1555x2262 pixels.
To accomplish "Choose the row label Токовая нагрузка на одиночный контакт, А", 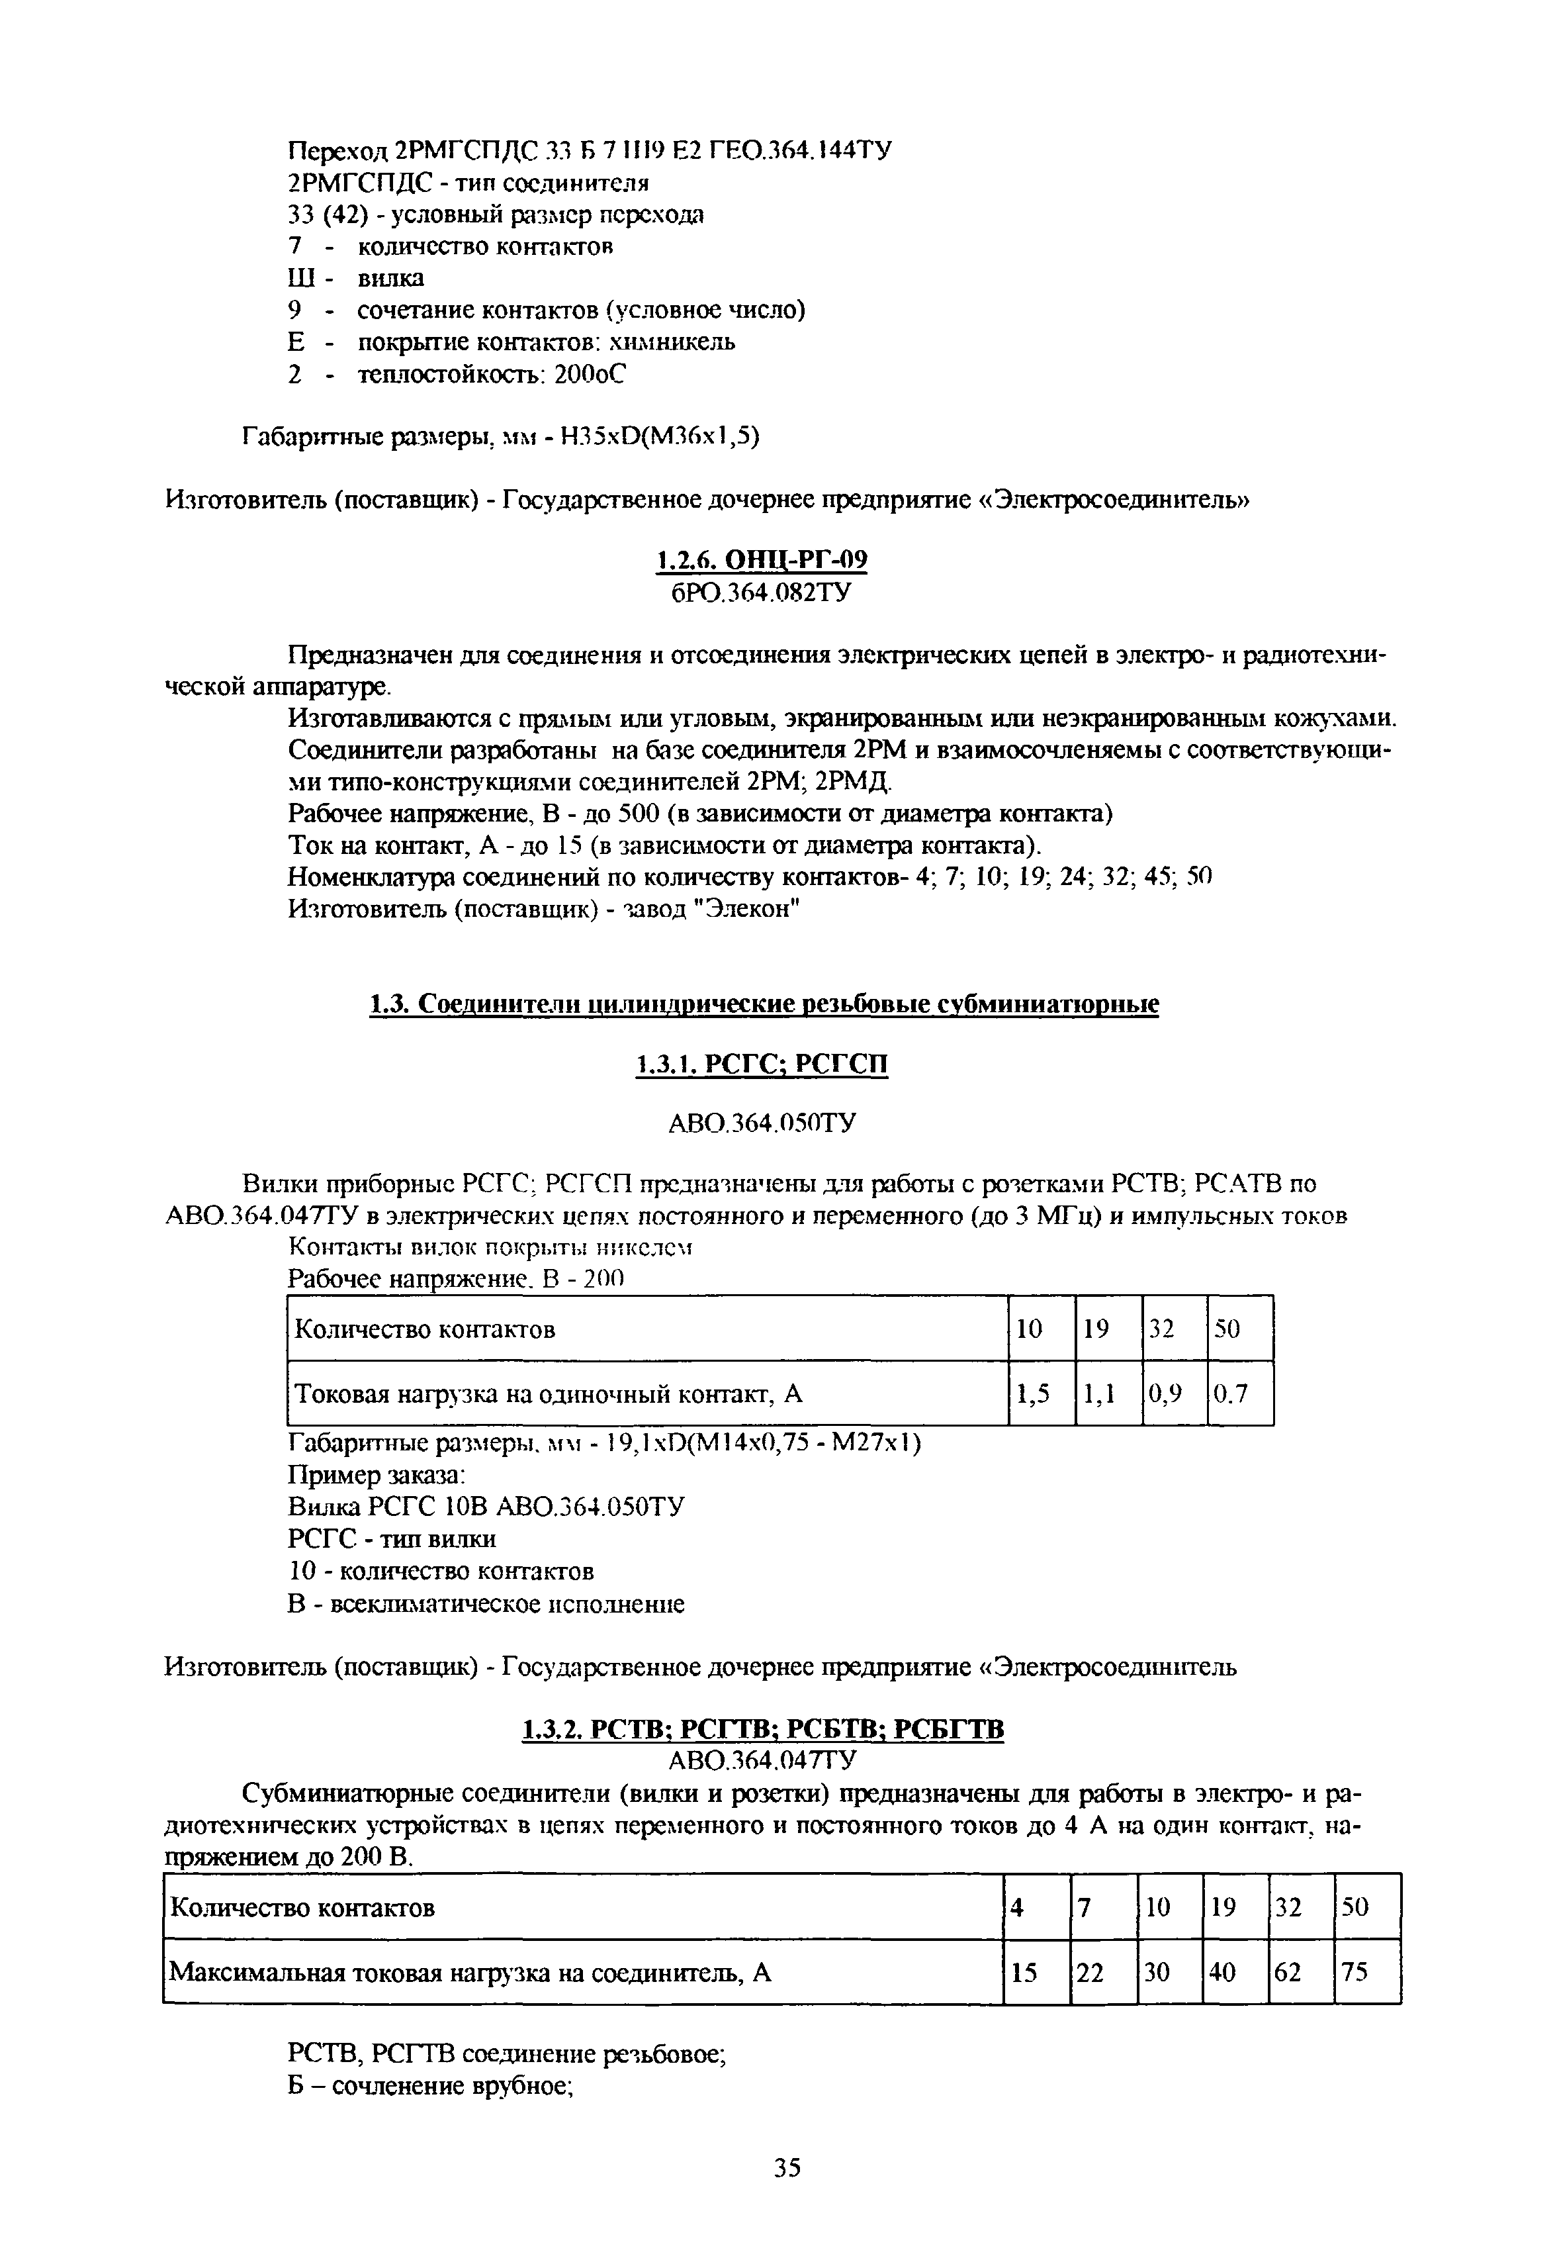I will (x=549, y=1395).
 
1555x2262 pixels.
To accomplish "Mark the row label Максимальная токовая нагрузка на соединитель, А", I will (x=470, y=1973).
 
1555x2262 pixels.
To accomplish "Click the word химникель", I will (x=674, y=342).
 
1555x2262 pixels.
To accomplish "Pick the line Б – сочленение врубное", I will (x=429, y=2087).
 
